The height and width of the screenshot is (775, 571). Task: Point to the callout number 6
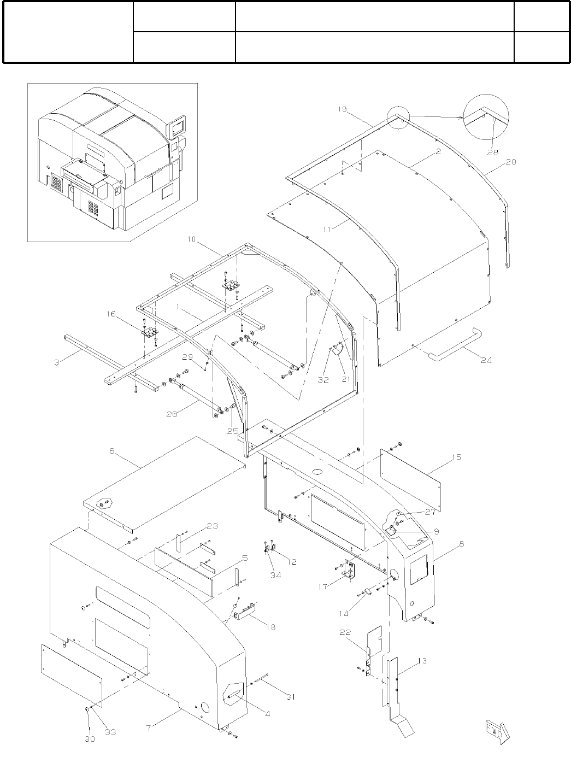[x=112, y=451]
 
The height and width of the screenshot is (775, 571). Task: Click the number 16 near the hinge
[x=111, y=315]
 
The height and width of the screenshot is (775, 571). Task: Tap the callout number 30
[x=90, y=739]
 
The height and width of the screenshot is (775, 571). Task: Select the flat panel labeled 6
[x=164, y=484]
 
